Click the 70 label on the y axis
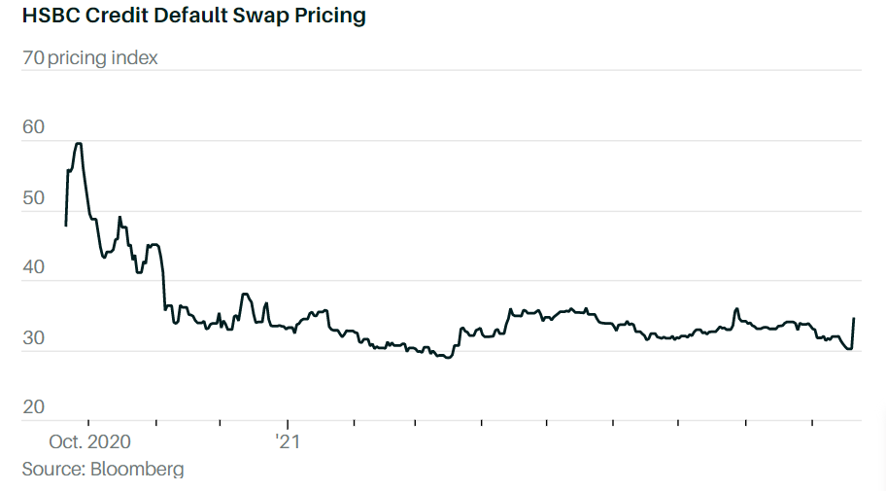click(x=32, y=58)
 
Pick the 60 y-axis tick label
click(x=33, y=127)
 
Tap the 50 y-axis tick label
click(x=33, y=197)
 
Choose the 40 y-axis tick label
click(x=33, y=267)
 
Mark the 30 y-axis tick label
click(x=33, y=337)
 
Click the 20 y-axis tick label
click(x=33, y=407)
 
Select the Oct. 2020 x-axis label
click(x=89, y=441)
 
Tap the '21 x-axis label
click(x=288, y=441)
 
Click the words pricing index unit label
click(x=103, y=58)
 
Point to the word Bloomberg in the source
click(x=137, y=470)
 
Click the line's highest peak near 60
click(x=79, y=144)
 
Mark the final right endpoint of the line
click(x=853, y=319)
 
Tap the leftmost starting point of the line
click(x=65, y=226)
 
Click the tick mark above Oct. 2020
click(x=87, y=424)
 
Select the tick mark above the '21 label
click(x=288, y=424)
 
